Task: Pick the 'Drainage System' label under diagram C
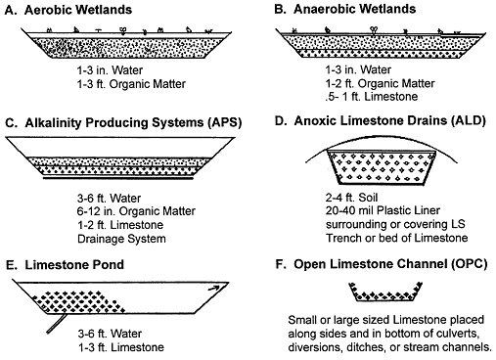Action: point(107,239)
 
